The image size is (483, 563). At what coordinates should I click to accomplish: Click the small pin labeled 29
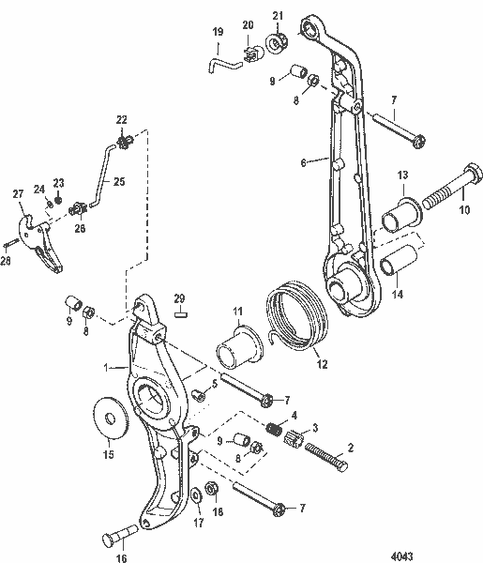tap(182, 316)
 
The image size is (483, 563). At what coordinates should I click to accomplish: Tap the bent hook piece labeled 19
tap(215, 65)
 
